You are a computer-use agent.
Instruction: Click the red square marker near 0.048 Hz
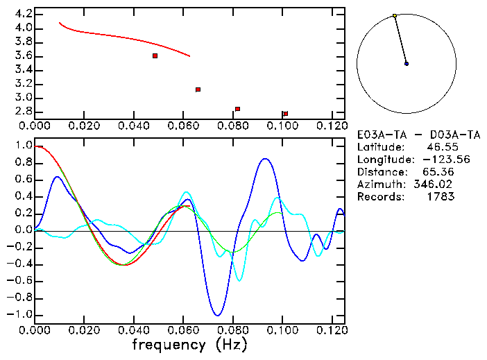[x=155, y=55]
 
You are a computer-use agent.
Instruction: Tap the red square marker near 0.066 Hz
[x=198, y=89]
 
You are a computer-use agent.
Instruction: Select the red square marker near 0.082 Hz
[x=237, y=109]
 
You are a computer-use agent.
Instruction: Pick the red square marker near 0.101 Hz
[x=285, y=114]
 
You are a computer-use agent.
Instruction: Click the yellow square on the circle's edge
[x=395, y=15]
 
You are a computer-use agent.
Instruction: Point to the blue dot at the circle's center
[x=407, y=64]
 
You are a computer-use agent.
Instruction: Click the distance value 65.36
[x=439, y=172]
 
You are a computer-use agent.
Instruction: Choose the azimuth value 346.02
[x=436, y=185]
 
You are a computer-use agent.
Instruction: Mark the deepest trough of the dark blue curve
[x=218, y=316]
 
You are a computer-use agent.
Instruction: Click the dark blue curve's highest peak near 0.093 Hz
[x=265, y=159]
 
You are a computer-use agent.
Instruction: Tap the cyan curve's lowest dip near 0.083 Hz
[x=239, y=280]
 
